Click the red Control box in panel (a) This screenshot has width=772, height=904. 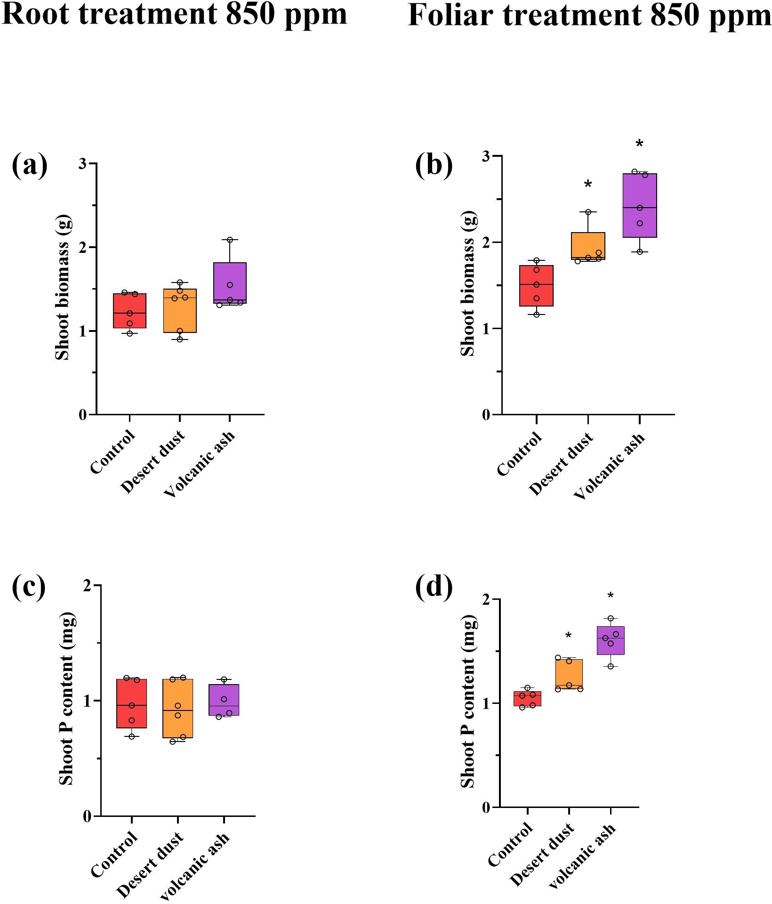pos(129,311)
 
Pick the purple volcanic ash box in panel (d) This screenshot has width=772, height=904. pos(611,640)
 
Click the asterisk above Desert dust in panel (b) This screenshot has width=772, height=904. pos(588,185)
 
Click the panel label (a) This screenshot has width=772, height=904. pos(29,165)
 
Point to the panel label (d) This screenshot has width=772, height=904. pos(434,586)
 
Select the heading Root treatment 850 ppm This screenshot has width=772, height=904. pos(174,14)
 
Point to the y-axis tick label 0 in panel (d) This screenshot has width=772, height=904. pos(487,808)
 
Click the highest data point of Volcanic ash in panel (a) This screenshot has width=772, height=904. pos(230,240)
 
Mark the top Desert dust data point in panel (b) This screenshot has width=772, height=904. pos(588,212)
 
